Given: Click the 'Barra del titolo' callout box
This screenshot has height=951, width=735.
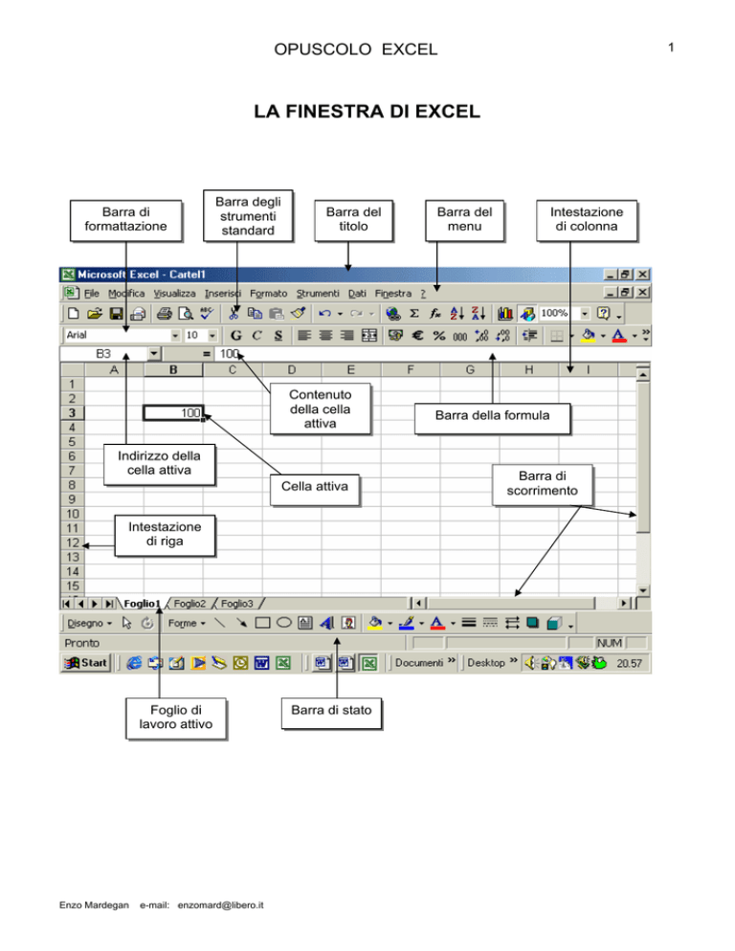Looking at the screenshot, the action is point(354,221).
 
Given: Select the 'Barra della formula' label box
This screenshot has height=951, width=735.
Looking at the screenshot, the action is point(492,418).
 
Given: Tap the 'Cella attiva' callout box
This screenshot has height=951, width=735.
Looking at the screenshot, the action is point(315,490).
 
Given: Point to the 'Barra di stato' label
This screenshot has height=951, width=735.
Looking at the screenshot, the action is point(331,714).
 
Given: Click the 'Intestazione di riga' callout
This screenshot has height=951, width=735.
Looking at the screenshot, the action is point(165,536).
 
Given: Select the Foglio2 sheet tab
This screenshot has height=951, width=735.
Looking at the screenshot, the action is point(189,604).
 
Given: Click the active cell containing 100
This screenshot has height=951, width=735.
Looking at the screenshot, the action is point(173,413).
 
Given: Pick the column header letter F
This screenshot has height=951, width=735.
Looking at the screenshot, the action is point(411,369).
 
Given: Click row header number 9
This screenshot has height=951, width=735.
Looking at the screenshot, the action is point(72,499).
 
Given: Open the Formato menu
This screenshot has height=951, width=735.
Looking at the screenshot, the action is point(268,294).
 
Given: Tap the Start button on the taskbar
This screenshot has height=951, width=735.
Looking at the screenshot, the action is point(87,663).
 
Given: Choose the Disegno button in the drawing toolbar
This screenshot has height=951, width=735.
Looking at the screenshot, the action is point(89,623).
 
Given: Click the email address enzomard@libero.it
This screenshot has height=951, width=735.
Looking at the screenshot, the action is point(220,905).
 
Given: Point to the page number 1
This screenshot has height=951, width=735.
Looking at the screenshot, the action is point(671,47).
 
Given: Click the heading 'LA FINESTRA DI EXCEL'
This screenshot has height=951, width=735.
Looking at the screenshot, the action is point(367,112).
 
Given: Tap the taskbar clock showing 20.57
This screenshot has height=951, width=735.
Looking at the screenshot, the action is point(630,664).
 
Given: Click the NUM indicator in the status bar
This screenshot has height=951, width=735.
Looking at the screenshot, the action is point(610,643).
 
